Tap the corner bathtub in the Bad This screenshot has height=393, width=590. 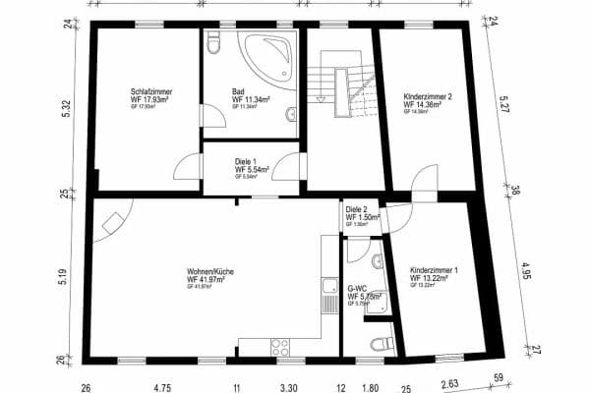point(267,58)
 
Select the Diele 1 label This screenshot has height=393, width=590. point(247,162)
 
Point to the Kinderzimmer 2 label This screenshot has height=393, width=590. point(428,98)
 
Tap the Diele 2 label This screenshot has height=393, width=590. point(356,209)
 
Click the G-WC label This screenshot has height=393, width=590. point(356,288)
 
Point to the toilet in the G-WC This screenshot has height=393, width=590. point(382,343)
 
